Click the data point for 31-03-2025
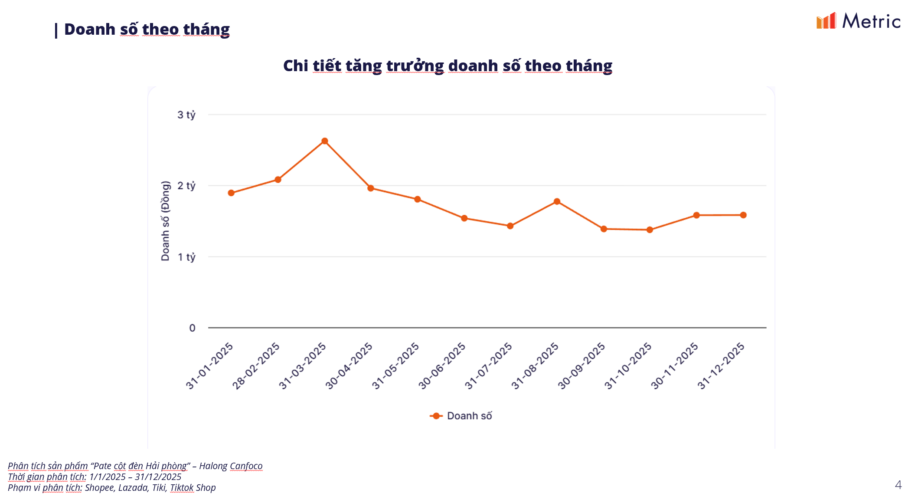coord(324,141)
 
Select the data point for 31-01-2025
coord(231,193)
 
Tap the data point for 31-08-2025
coord(557,201)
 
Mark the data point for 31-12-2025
coord(743,215)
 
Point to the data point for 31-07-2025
coord(510,226)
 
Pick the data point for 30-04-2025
coord(371,188)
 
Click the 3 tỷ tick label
coord(186,115)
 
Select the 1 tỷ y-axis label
coord(186,257)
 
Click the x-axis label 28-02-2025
coord(256,366)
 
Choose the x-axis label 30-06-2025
coord(442,366)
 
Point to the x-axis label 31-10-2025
coord(628,366)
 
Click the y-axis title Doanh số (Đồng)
coord(165,221)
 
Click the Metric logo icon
coord(826,21)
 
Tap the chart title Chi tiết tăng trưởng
coord(447,66)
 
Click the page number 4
coord(898,485)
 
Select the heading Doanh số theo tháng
coord(147,30)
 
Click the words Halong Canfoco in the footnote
coord(231,466)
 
